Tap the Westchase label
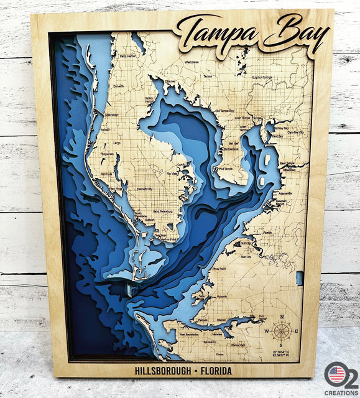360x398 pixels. (x=192, y=63)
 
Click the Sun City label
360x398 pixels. (x=246, y=256)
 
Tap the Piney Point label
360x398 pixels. (x=219, y=269)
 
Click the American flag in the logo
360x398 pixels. (x=336, y=374)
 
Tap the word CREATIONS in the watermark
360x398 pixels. (x=341, y=393)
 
